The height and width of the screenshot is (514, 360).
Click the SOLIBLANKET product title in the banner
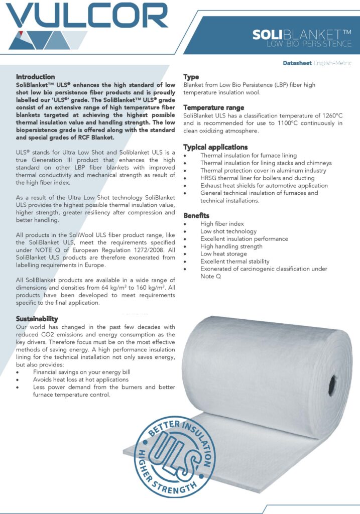pos(302,35)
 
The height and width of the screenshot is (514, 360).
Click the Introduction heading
pos(35,77)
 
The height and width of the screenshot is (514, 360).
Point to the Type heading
pos(191,77)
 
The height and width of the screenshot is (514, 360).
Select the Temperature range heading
pos(213,107)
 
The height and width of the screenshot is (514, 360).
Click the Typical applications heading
pos(215,147)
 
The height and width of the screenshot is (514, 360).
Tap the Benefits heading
pos(196,215)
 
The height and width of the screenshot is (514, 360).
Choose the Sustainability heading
pos(37,319)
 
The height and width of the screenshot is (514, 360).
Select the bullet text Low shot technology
pos(228,231)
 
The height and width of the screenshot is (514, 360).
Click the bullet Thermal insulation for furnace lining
pos(249,156)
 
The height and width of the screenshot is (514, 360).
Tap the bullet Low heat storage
pos(223,254)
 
